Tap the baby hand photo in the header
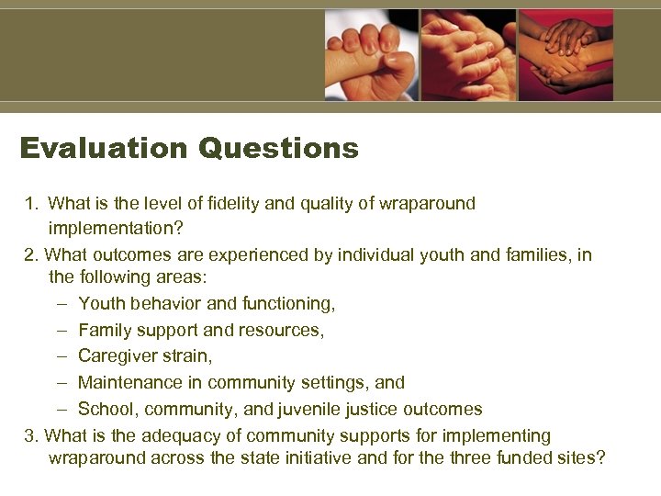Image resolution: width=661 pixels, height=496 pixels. click(371, 55)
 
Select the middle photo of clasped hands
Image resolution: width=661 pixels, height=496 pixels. click(468, 55)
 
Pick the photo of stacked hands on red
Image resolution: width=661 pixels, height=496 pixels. click(566, 55)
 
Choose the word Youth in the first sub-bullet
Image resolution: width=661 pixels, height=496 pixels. click(100, 303)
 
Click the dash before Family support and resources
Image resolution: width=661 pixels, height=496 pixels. click(60, 329)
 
